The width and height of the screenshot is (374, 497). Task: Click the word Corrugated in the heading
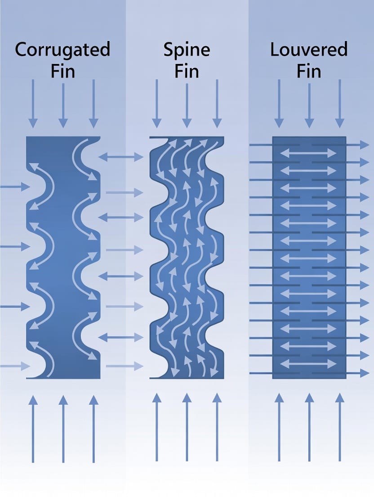pos(62,50)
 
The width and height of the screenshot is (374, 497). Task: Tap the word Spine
pos(187,50)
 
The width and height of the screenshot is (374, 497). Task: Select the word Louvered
pos(309,50)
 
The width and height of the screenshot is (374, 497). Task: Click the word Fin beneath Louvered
pos(309,71)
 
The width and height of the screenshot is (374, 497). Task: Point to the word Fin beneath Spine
pos(187,71)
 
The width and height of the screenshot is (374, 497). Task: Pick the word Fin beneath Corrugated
pos(62,71)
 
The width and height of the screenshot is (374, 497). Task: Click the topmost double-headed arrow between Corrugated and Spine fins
pos(120,157)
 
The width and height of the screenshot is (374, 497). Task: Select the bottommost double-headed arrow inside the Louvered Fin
pos(308,364)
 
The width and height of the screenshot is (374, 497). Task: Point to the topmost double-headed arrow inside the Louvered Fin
pos(308,154)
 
